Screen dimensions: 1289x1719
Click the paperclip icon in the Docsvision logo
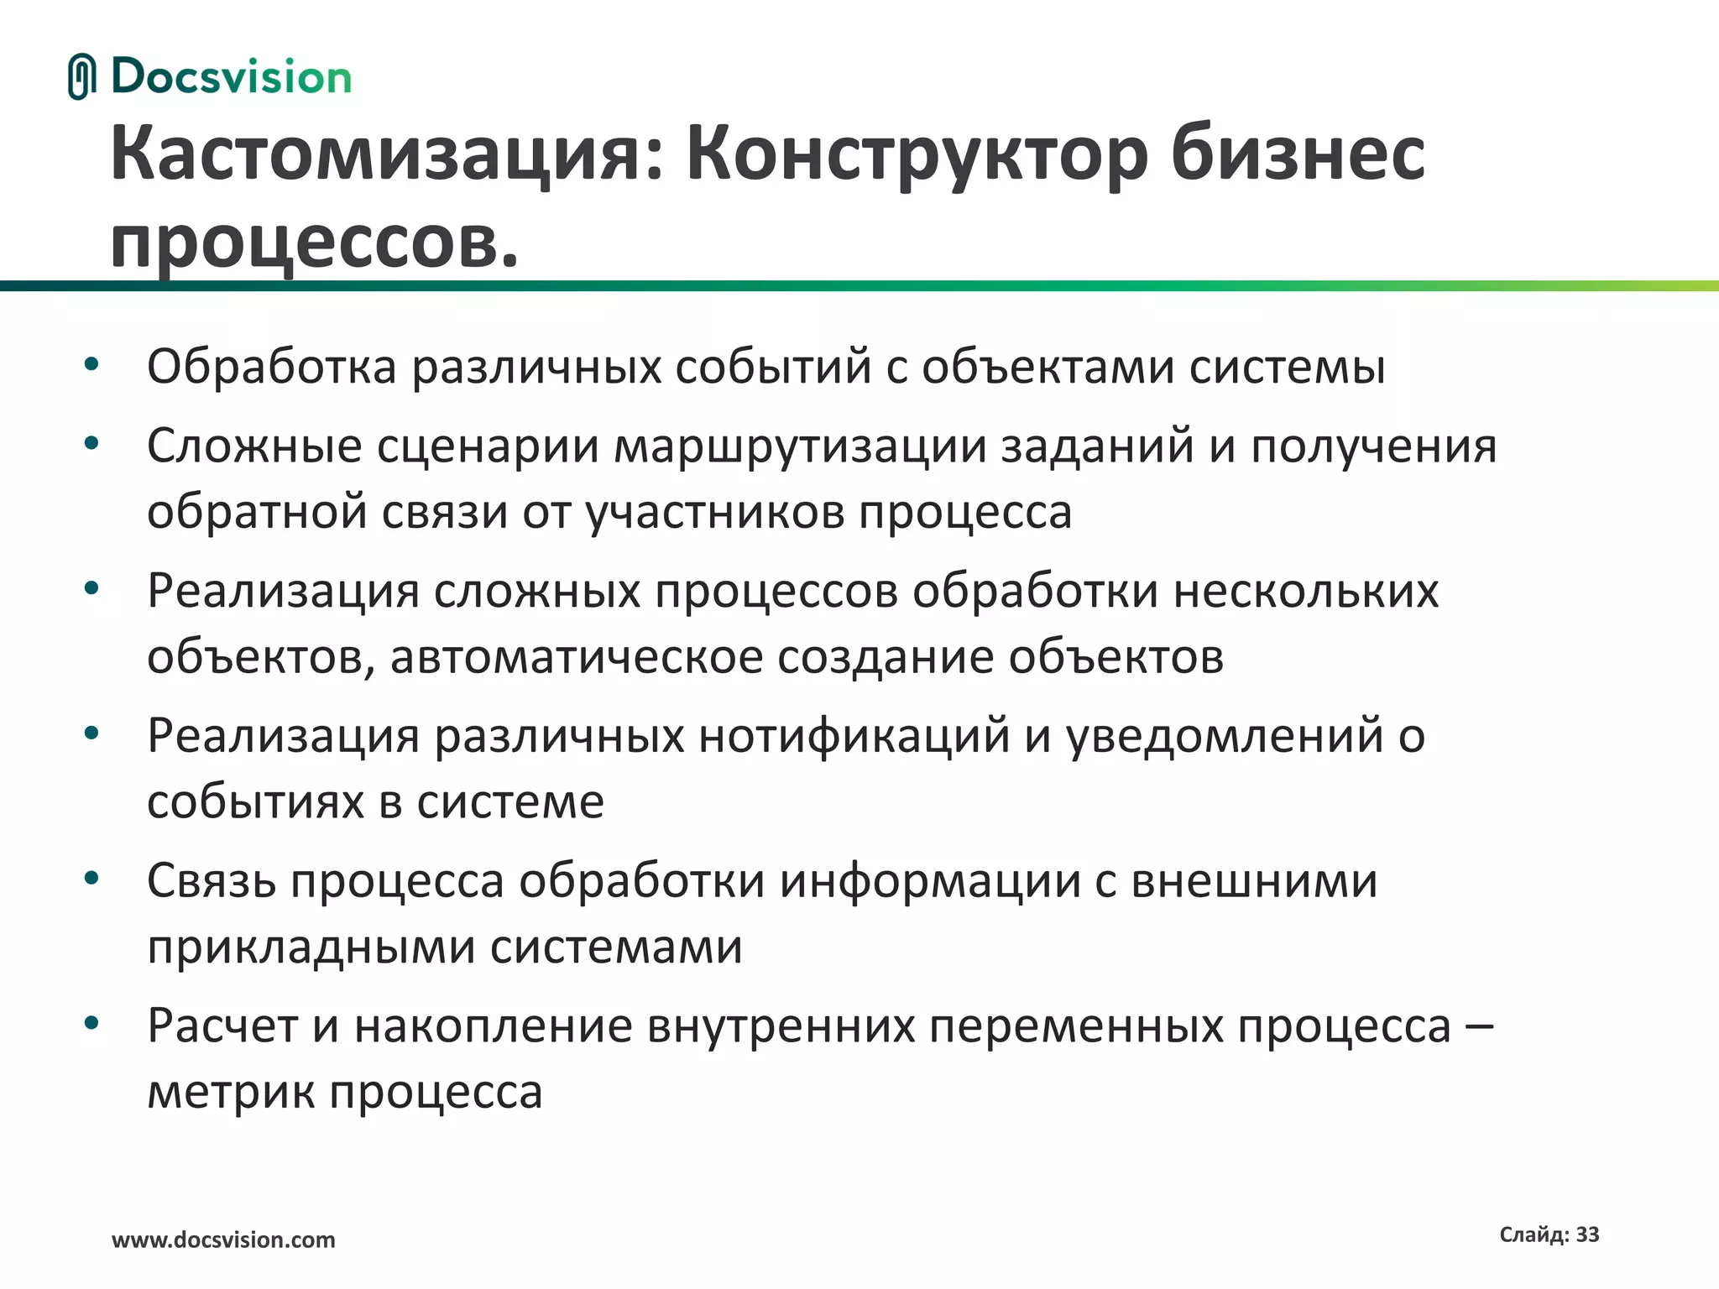coord(81,77)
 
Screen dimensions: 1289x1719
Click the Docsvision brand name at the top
coord(231,77)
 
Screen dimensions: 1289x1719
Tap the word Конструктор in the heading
coord(917,155)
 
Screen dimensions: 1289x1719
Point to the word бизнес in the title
coord(1298,155)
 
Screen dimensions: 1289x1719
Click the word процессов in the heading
coord(306,243)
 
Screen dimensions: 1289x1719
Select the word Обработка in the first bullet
coord(271,367)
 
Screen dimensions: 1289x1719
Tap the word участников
coord(714,512)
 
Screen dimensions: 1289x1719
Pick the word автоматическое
coord(577,657)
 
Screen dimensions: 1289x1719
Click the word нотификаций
coord(854,736)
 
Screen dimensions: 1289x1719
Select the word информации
coord(929,881)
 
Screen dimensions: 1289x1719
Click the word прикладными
coord(311,947)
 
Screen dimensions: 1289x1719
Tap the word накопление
coord(493,1026)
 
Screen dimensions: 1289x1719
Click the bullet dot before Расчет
coord(91,1023)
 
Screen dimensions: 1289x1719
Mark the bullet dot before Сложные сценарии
coord(91,442)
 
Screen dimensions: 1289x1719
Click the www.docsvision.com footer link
coord(223,1240)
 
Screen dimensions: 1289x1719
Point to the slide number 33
coord(1587,1234)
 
